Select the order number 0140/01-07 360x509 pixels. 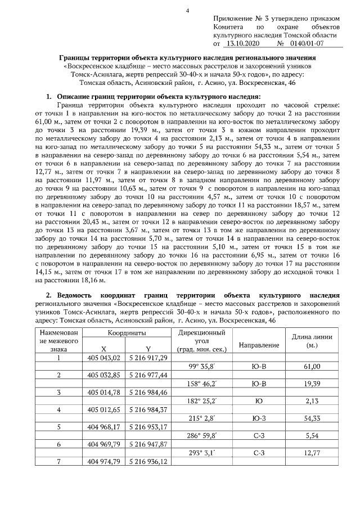pos(313,43)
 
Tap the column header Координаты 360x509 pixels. pos(131,333)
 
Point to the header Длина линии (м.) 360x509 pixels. pos(312,340)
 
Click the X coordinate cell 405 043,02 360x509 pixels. pos(105,358)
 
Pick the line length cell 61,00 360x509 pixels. pos(312,366)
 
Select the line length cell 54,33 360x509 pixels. pos(312,418)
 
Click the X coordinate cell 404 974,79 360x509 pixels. pos(105,462)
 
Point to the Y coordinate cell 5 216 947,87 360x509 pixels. pos(148,444)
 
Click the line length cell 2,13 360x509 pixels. pos(312,400)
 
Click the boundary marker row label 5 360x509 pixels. pos(59,426)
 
